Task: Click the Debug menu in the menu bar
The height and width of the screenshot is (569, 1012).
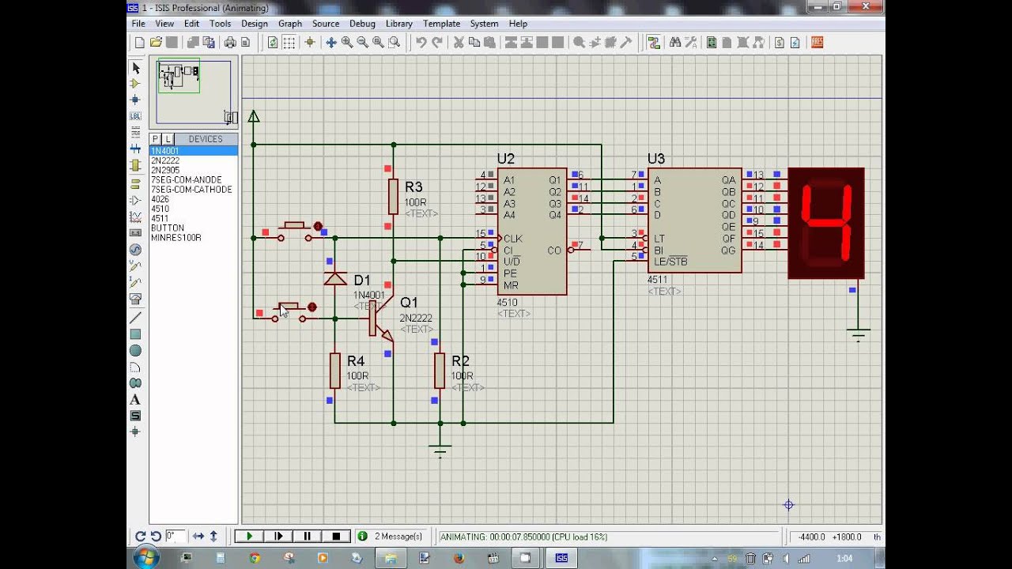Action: (x=362, y=24)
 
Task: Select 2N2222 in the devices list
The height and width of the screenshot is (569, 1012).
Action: (x=165, y=160)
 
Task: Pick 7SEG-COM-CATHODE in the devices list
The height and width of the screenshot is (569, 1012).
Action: (x=191, y=190)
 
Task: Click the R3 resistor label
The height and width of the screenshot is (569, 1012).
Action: (x=413, y=187)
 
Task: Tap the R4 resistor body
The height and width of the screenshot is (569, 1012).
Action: (x=335, y=371)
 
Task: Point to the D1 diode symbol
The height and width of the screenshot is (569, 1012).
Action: (x=335, y=278)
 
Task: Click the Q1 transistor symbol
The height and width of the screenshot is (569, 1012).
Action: (x=379, y=318)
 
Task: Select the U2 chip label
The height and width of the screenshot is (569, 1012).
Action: (x=505, y=159)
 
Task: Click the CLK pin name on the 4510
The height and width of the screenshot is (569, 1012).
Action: (x=512, y=239)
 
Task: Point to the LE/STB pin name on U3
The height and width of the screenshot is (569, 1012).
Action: (x=670, y=262)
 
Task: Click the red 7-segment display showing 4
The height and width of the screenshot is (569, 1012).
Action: (x=826, y=223)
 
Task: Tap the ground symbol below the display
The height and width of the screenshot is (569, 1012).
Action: (x=858, y=333)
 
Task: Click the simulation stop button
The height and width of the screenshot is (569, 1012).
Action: (x=336, y=537)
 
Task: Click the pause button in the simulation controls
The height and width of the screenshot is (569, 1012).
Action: (x=307, y=537)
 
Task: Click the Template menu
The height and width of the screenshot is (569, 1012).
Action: (x=441, y=24)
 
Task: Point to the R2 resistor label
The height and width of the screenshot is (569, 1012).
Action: (x=460, y=361)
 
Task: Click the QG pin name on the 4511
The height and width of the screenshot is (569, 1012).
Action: (x=727, y=251)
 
